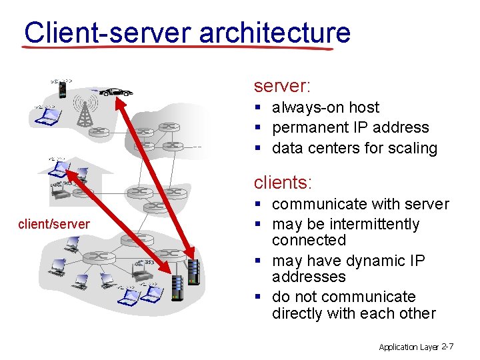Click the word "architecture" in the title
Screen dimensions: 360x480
point(275,32)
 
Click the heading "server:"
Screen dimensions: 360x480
point(282,86)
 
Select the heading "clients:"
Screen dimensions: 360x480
point(283,181)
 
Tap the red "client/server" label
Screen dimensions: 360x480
point(54,224)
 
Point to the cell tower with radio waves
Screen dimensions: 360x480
point(84,111)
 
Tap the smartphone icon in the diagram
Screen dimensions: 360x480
point(62,89)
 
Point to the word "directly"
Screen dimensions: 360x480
point(302,313)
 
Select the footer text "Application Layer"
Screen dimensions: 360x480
point(409,347)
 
